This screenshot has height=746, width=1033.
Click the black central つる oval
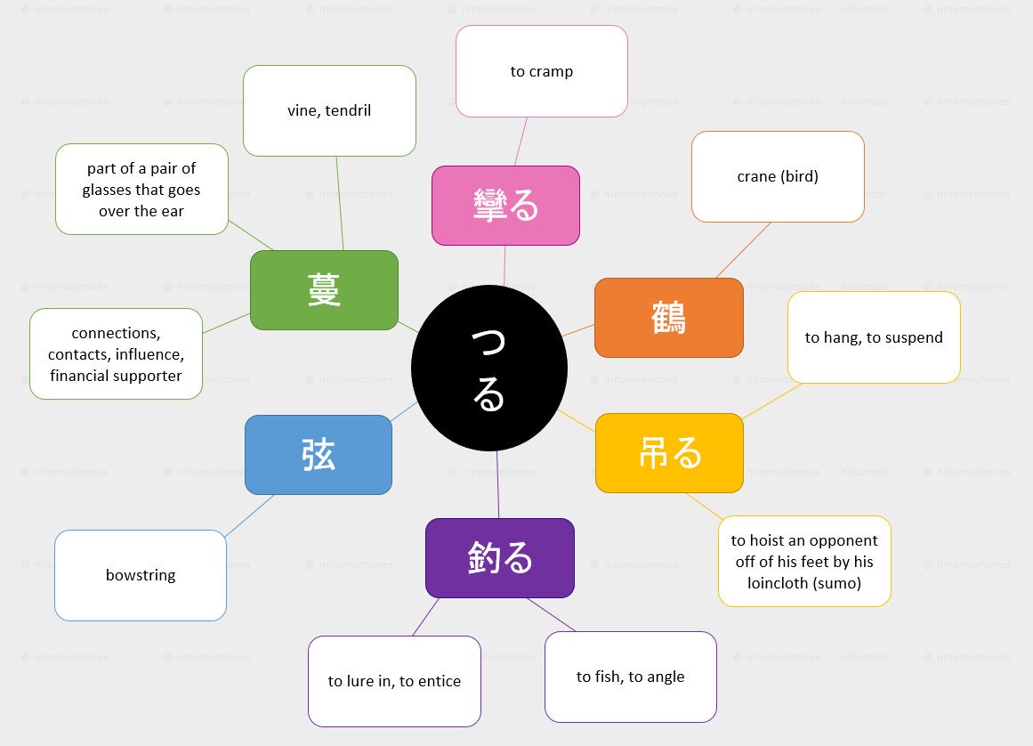488,369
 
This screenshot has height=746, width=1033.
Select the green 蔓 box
324,290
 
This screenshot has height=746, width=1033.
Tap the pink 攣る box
505,206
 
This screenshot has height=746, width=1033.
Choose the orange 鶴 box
668,318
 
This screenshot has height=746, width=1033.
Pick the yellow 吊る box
669,453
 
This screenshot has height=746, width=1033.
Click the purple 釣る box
499,558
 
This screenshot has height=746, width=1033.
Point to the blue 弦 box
319,455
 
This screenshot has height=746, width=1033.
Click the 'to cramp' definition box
541,71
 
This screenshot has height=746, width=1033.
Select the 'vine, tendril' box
329,110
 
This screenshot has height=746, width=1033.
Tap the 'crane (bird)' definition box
778,176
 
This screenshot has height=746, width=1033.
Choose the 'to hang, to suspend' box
874,337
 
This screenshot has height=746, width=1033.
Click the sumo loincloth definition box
804,562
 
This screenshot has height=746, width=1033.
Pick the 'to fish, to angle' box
630,677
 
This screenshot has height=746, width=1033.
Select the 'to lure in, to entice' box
394,681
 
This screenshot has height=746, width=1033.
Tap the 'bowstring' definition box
141,575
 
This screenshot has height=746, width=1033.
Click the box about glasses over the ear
141,190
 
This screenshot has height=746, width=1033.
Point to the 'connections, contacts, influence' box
116,354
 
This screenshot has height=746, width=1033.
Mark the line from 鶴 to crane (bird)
743,250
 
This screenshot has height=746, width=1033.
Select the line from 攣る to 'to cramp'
520,141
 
